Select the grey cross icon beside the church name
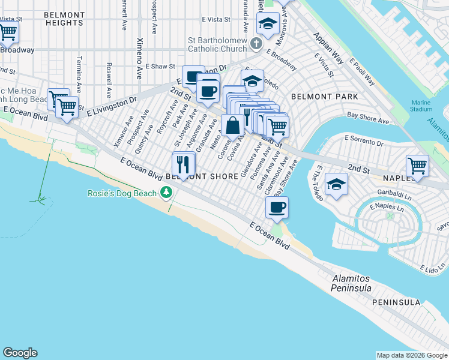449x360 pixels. point(256,44)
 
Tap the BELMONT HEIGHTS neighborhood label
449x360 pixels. point(64,18)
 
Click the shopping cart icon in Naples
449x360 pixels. point(417,165)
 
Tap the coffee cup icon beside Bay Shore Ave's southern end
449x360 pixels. point(277,207)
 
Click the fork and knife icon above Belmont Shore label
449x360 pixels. point(184,163)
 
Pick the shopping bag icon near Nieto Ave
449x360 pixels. point(232,125)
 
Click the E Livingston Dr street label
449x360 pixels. point(112,107)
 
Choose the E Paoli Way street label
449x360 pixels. point(362,73)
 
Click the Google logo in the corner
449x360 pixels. point(20,353)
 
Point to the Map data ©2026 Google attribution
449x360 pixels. point(412,355)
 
